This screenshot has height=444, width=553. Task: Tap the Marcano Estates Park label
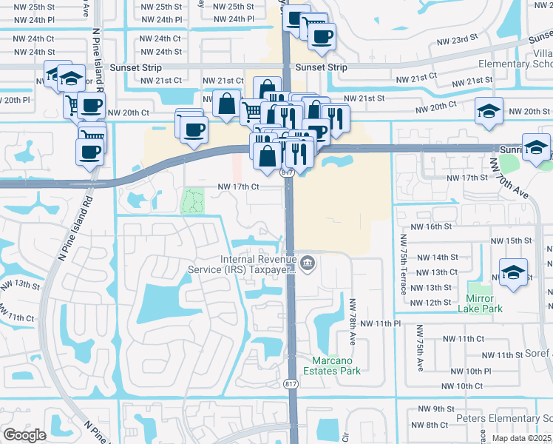coord(333,365)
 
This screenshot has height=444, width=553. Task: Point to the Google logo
coord(24,434)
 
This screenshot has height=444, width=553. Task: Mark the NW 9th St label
coord(434,408)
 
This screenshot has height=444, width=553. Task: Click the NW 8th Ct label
coord(433,424)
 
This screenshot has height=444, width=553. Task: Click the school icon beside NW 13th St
coord(513,273)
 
